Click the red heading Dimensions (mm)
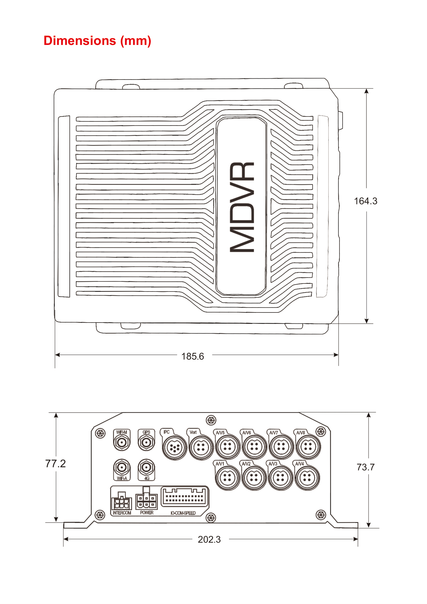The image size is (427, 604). point(97,41)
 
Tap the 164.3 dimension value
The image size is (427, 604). point(366,201)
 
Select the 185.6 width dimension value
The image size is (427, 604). point(193,356)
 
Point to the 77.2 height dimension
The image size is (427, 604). point(56,463)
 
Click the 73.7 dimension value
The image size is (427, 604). point(366,467)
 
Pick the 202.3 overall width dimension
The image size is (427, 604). point(209,540)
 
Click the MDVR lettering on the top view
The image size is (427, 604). point(242,207)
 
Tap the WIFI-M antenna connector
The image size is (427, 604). point(122,443)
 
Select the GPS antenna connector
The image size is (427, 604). point(146,443)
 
